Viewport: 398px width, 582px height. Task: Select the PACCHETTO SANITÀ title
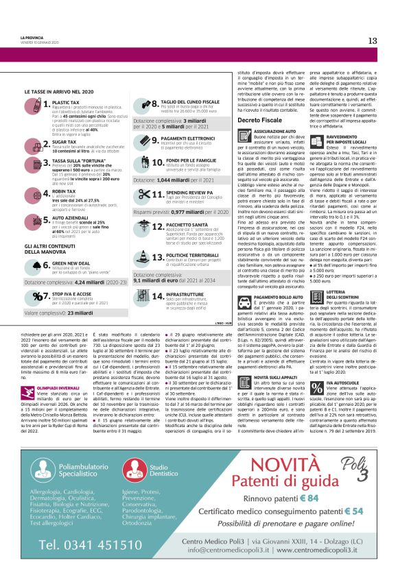(186, 224)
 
